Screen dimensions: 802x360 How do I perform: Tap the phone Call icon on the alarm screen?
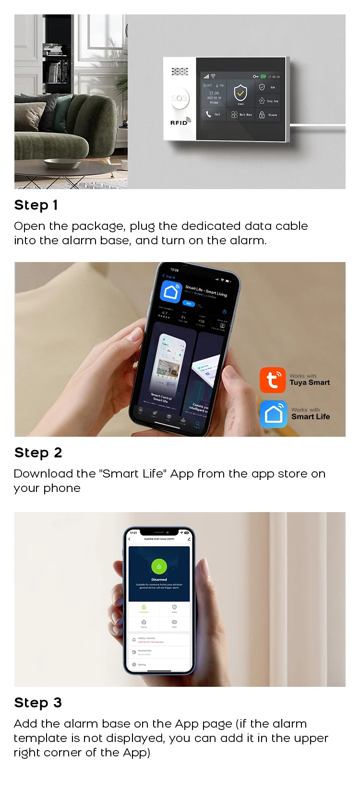208,114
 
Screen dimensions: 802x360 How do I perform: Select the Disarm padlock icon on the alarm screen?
262,115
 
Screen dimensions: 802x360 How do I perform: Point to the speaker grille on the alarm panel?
180,72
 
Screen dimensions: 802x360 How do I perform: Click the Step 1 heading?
36,205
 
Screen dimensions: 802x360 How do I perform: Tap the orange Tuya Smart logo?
272,380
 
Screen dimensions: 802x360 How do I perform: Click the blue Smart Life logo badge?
273,414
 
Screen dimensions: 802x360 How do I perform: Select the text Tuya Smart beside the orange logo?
310,383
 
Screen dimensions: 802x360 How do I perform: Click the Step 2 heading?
38,453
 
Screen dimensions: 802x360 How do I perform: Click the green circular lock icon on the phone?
159,566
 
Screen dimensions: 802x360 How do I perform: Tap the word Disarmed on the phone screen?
159,579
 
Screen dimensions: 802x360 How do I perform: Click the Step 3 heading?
38,703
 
